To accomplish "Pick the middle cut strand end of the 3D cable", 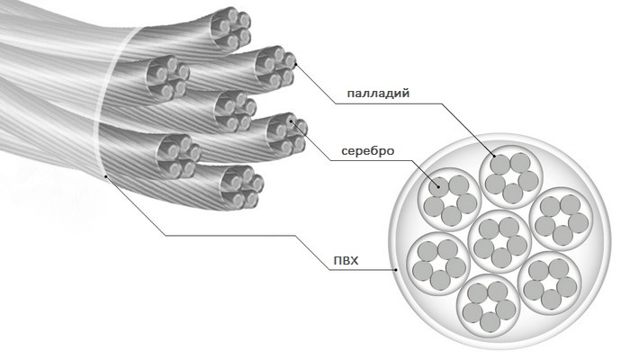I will [x=234, y=109].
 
